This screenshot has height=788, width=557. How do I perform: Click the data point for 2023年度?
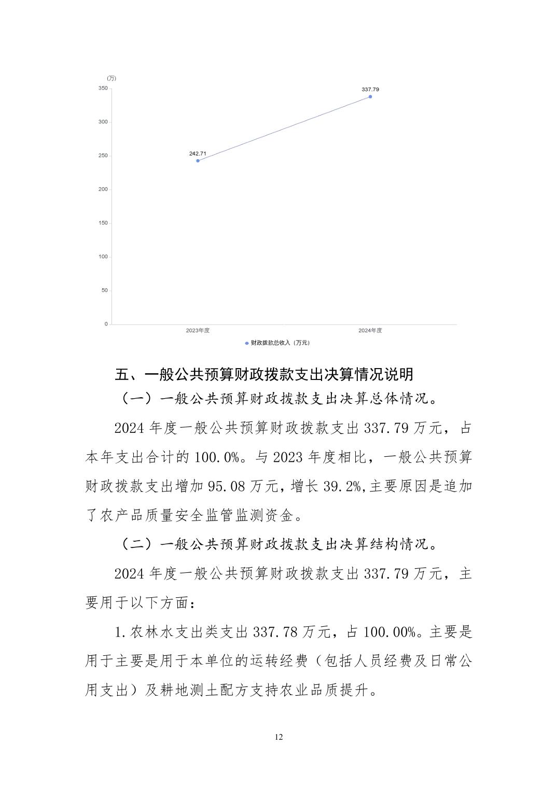click(198, 161)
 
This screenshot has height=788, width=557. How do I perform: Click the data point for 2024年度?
click(370, 96)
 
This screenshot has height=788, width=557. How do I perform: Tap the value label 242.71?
click(198, 153)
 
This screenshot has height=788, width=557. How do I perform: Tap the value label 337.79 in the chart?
click(370, 89)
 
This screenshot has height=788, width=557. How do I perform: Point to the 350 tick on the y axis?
click(103, 88)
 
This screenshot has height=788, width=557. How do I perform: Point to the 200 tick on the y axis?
click(103, 189)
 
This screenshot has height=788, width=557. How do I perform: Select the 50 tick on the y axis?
click(104, 290)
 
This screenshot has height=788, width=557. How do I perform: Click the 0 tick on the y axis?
click(106, 324)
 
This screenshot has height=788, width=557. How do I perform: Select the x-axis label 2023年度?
click(198, 330)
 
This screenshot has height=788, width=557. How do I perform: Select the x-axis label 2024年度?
click(370, 330)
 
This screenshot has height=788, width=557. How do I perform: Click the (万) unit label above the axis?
click(112, 78)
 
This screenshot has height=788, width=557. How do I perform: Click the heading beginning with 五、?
click(264, 374)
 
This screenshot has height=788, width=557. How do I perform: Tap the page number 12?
click(279, 737)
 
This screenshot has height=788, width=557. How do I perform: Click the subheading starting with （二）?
click(278, 544)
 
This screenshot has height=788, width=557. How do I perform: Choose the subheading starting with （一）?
click(278, 399)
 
